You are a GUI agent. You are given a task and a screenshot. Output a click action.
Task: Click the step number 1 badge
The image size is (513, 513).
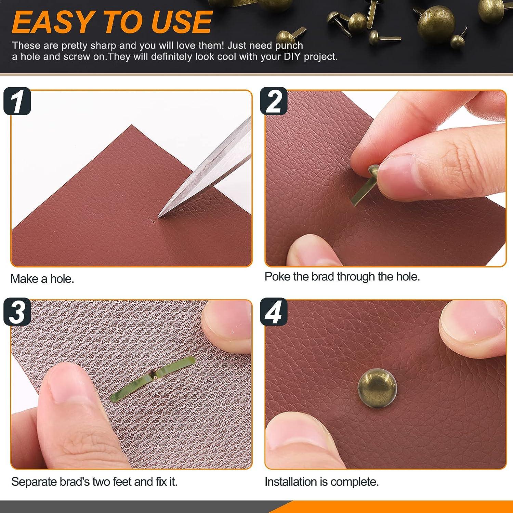(x=17, y=101)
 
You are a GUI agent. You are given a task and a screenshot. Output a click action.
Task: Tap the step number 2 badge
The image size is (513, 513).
(x=274, y=101)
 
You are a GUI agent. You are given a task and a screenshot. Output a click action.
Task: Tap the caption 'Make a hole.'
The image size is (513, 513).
(x=42, y=279)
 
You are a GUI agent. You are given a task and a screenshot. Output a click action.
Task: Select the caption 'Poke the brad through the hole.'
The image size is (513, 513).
(x=342, y=276)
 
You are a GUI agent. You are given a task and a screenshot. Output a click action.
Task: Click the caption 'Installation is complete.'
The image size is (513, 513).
(x=321, y=482)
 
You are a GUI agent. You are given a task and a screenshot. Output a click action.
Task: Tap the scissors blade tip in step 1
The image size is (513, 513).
(x=160, y=215)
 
